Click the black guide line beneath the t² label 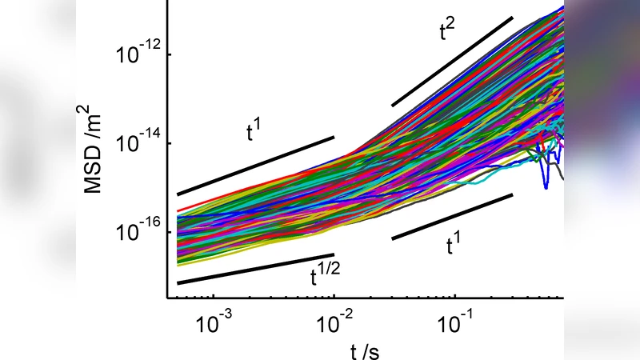(x=452, y=61)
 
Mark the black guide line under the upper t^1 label (x=256, y=166)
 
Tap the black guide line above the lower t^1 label (x=452, y=216)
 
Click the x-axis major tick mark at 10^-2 (x=334, y=295)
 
